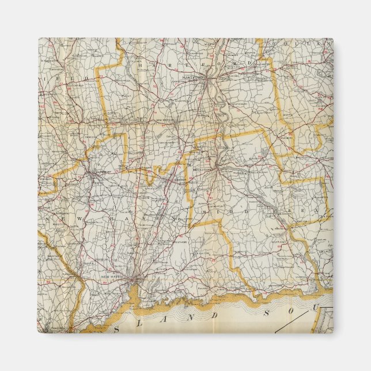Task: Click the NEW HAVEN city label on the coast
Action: click(112, 278)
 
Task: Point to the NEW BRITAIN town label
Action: click(167, 121)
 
